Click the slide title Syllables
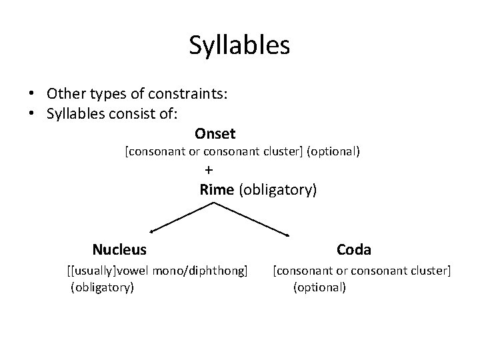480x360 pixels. [239, 45]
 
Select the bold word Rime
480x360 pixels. [216, 190]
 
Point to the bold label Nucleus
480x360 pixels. [119, 250]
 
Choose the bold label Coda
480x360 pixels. [354, 250]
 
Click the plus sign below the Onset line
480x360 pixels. [209, 169]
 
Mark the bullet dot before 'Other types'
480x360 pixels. [32, 95]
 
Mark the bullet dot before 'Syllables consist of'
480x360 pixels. [32, 113]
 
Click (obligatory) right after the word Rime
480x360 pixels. [277, 190]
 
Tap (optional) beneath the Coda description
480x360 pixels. [319, 288]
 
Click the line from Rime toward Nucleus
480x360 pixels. [181, 217]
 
